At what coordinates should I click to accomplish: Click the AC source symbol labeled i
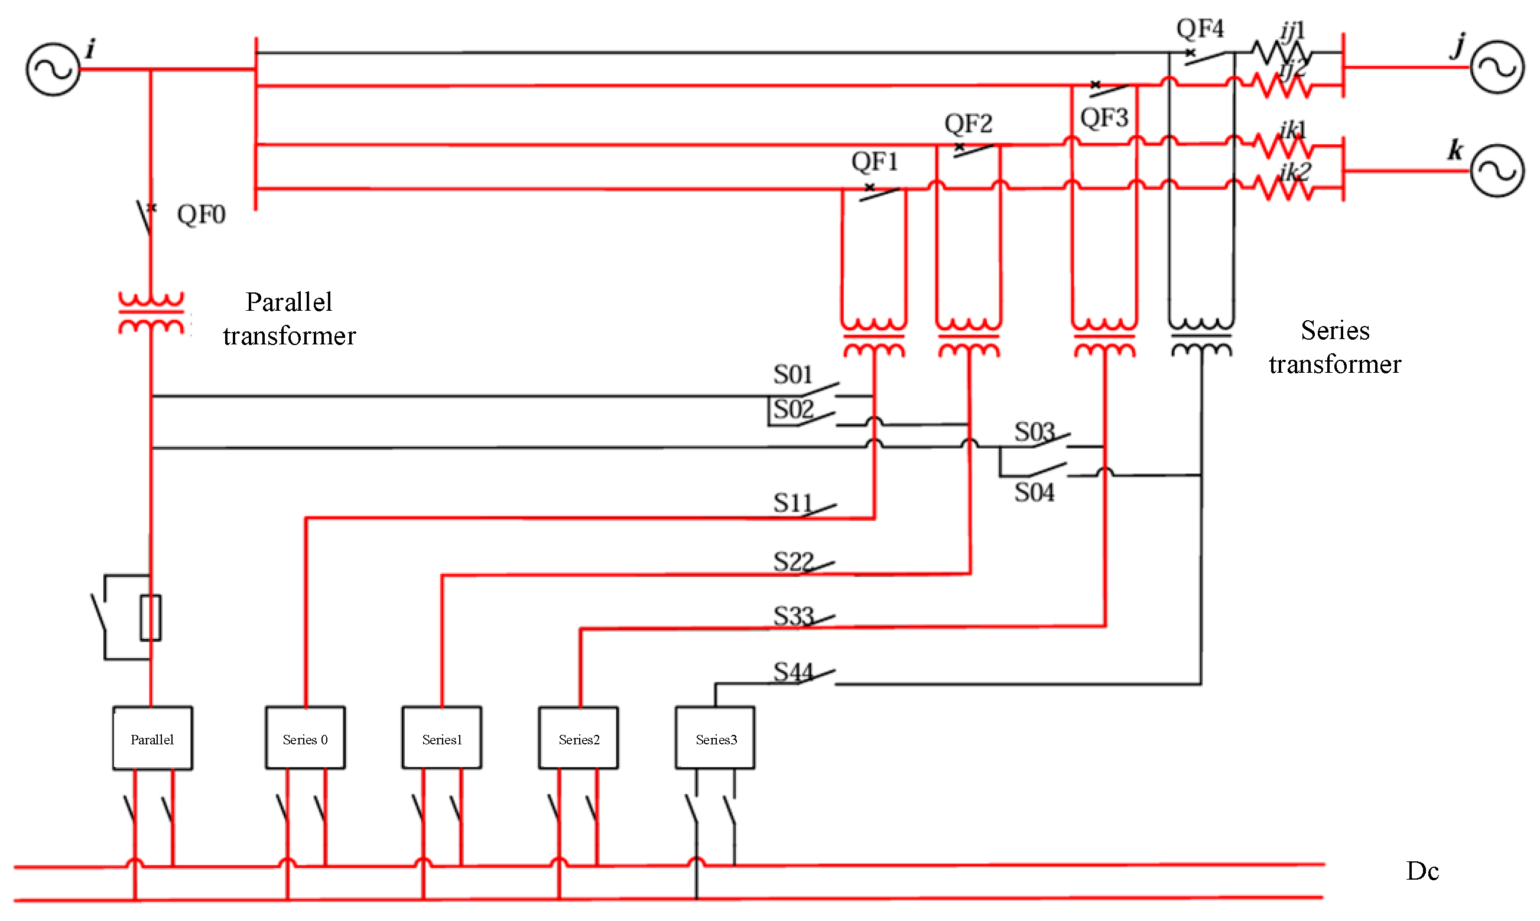point(53,69)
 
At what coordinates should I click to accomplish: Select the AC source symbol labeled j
point(1496,67)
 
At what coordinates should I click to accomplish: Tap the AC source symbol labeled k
point(1496,171)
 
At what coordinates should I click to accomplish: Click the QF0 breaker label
point(201,214)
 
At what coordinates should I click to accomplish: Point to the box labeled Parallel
point(152,738)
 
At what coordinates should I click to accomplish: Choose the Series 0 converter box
point(305,738)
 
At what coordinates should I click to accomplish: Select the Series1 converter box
point(441,738)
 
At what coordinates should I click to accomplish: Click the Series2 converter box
point(579,738)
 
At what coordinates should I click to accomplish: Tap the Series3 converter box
point(715,738)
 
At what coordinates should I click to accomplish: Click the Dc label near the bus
point(1422,871)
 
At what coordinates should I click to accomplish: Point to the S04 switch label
point(1034,493)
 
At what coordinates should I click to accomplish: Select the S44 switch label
point(792,672)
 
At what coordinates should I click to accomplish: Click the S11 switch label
point(792,503)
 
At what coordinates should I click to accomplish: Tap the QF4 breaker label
point(1199,28)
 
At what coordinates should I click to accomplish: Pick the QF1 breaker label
point(874,162)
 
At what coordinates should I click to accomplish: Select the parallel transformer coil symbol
point(151,314)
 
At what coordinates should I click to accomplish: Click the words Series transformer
point(1334,347)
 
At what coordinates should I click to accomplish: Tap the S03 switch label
point(1034,432)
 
